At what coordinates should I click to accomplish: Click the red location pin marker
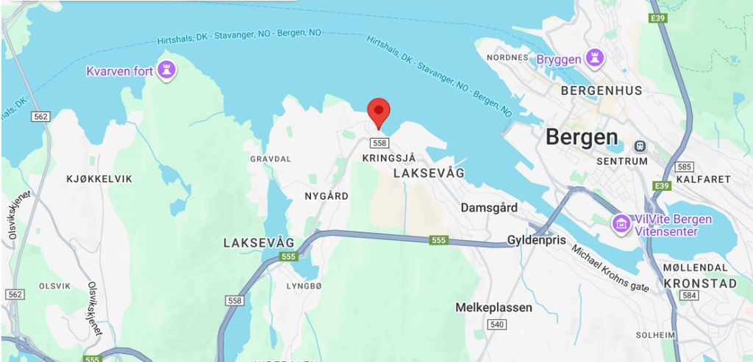click(378, 112)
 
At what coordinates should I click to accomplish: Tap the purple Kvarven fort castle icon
click(168, 70)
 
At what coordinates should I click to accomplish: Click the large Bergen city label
click(582, 137)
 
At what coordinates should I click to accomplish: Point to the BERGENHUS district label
click(601, 91)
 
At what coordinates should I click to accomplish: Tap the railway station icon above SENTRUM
click(640, 145)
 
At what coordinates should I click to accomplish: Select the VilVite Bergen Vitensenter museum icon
click(621, 222)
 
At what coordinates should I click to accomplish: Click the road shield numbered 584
click(689, 295)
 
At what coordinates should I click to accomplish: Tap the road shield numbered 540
click(497, 325)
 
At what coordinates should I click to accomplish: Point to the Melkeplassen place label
click(493, 308)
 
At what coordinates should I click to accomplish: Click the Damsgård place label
click(489, 208)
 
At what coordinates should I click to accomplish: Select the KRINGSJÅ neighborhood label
click(390, 158)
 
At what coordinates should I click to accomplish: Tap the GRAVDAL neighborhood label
click(271, 159)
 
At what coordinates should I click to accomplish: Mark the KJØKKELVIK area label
click(99, 178)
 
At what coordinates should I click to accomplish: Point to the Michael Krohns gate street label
click(610, 267)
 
